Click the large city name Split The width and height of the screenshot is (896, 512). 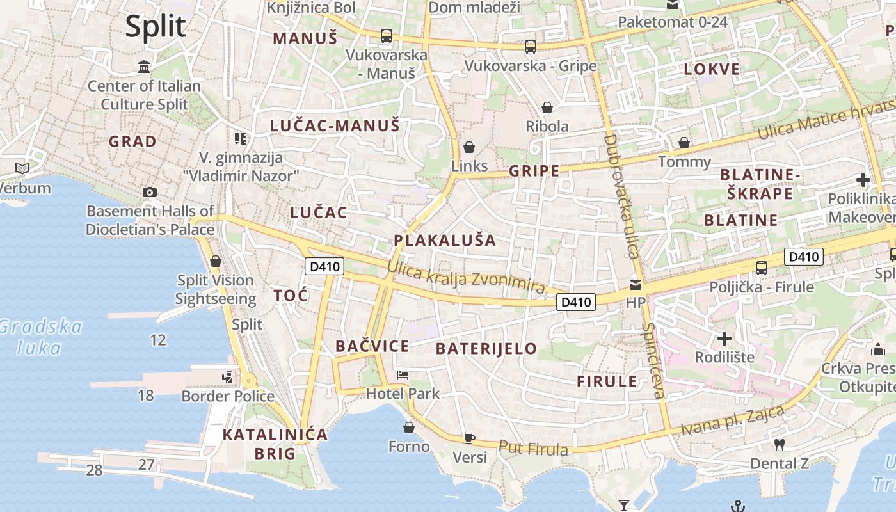(x=156, y=27)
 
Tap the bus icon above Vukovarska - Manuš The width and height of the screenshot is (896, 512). (x=387, y=36)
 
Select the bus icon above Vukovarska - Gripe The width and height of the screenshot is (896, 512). (x=530, y=46)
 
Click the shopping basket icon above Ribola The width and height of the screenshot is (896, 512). (x=547, y=107)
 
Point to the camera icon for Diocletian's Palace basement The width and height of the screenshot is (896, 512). (x=150, y=192)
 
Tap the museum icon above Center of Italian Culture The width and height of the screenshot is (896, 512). (x=144, y=67)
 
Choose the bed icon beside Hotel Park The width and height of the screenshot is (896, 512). (x=403, y=375)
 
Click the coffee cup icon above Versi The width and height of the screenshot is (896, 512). (x=470, y=438)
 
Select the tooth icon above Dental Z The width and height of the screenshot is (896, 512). (x=779, y=444)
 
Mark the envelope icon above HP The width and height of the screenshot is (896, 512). (x=636, y=284)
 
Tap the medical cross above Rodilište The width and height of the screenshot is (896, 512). (x=724, y=338)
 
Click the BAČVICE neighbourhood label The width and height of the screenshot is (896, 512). (x=372, y=346)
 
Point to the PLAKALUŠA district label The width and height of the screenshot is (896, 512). (x=445, y=241)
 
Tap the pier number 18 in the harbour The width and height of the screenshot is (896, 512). (x=146, y=395)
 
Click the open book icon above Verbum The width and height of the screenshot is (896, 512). (x=22, y=168)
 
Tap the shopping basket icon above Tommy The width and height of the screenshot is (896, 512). (x=684, y=142)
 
